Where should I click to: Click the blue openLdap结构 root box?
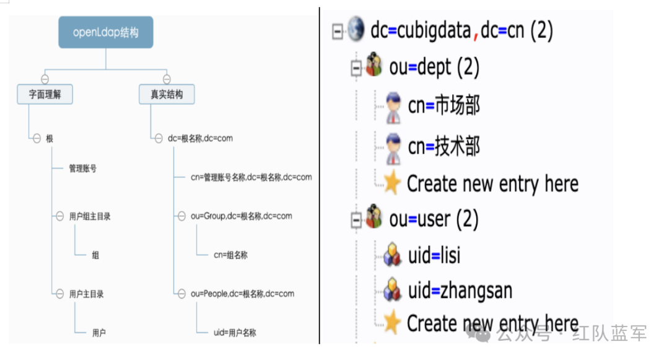106,33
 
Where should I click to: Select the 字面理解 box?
45,95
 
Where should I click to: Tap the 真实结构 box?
167,95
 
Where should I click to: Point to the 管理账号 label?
82,168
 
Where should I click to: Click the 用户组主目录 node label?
90,216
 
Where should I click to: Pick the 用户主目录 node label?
86,294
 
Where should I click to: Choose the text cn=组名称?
230,255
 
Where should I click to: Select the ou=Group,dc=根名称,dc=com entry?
242,216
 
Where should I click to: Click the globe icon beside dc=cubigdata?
356,30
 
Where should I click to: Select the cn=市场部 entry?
444,106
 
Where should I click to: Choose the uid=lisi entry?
434,255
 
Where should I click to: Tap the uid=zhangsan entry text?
460,291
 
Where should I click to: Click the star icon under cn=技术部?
392,183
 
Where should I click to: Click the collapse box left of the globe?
338,31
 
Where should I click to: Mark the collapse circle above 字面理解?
45,79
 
